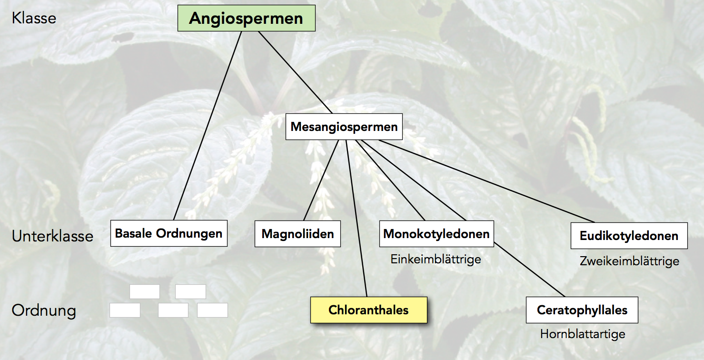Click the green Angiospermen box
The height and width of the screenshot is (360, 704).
(246, 19)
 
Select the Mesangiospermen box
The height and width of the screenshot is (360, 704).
(344, 127)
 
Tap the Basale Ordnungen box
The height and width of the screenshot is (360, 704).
(169, 233)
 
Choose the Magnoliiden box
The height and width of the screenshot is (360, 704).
(297, 234)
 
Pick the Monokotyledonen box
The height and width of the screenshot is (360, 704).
(436, 234)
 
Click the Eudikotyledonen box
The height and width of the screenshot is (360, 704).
(629, 236)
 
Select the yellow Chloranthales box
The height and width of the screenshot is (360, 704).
(368, 310)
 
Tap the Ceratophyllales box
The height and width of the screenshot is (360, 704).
(582, 310)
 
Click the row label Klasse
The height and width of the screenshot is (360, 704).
(34, 18)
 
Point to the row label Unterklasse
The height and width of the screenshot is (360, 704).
(52, 236)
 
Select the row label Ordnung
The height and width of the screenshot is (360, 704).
(44, 310)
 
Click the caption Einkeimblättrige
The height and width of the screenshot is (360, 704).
(436, 259)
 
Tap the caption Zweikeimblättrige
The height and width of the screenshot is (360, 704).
(629, 261)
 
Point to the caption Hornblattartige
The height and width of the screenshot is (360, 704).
(582, 334)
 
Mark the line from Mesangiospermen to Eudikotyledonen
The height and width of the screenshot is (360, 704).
(486, 180)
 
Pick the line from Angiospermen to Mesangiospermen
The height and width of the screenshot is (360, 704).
(295, 71)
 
